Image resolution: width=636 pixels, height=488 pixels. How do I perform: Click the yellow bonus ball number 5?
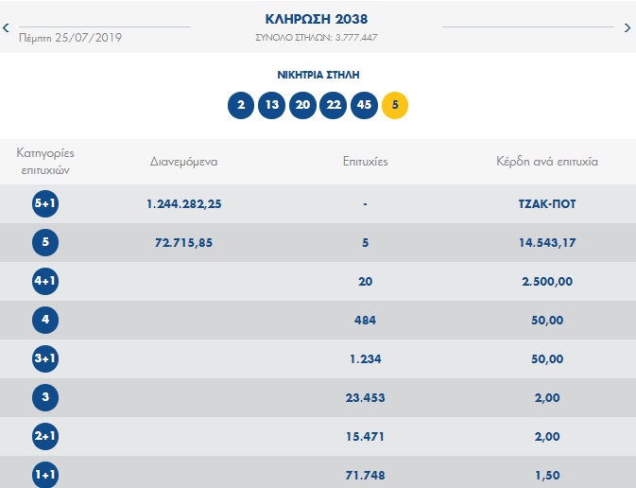(394, 105)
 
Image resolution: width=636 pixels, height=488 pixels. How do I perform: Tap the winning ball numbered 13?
(271, 105)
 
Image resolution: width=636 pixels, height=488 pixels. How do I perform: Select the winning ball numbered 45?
(364, 105)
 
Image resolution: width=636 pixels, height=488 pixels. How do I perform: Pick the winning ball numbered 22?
(333, 105)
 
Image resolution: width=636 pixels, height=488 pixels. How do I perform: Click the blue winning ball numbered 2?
(241, 105)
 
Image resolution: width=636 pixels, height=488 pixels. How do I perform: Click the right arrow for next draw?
(627, 28)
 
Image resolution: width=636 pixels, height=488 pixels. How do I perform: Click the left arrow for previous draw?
(7, 28)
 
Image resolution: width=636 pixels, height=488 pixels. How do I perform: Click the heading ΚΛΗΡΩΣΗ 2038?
(318, 19)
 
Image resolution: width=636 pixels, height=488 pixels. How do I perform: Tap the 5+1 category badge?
(45, 203)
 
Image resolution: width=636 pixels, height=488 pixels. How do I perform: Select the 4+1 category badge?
(45, 281)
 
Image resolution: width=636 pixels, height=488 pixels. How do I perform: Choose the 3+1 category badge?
(45, 358)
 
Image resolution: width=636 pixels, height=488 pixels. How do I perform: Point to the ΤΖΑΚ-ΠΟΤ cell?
(548, 203)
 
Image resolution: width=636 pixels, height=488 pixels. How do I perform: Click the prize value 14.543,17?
(548, 242)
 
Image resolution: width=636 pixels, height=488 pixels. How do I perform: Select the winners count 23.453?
(364, 397)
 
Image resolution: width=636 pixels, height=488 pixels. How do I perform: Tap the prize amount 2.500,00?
(548, 281)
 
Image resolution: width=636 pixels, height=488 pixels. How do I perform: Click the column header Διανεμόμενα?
(184, 161)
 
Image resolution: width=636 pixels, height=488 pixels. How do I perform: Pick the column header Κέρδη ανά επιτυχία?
(547, 161)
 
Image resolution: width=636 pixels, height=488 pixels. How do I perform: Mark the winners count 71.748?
(364, 475)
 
